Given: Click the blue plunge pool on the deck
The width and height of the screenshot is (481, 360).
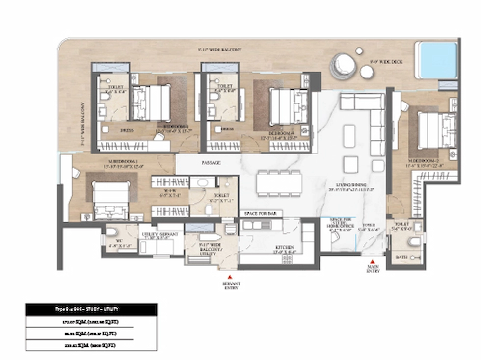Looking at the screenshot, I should tap(436, 60).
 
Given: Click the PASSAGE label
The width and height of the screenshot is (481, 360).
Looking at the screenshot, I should tap(211, 162).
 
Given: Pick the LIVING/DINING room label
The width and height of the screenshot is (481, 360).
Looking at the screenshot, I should tap(346, 186).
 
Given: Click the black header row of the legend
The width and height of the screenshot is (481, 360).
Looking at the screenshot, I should tap(91, 309).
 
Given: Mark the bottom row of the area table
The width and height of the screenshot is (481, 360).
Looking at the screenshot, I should tap(91, 345).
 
